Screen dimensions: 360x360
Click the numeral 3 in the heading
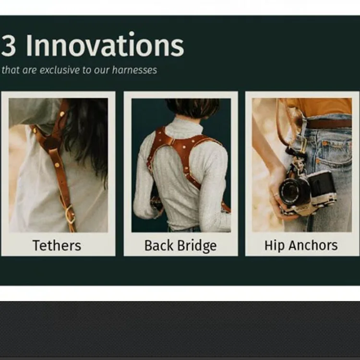tap(8, 46)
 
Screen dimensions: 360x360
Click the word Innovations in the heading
tap(105, 44)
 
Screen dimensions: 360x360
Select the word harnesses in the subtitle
tap(134, 70)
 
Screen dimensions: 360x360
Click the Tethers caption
tap(57, 245)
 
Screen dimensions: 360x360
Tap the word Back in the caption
tap(159, 245)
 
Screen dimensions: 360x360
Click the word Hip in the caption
tap(274, 246)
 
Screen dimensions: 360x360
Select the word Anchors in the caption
tap(313, 245)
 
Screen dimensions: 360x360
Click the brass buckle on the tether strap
tap(70, 215)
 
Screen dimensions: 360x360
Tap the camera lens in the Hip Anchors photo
tap(291, 191)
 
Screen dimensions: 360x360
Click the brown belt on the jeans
tap(329, 124)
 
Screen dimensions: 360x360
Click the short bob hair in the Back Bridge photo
tap(192, 108)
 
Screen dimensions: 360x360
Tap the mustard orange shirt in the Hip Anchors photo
tap(322, 107)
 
